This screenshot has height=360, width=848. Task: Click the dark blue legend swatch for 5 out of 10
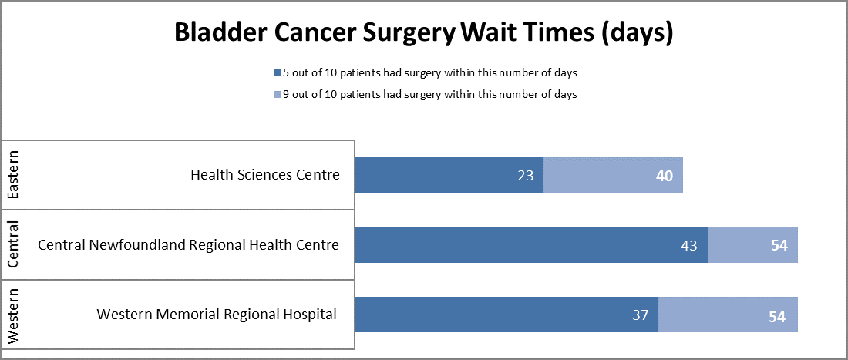tap(277, 73)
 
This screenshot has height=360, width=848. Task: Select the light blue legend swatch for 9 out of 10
tap(277, 94)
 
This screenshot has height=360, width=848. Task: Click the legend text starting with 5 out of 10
tap(430, 73)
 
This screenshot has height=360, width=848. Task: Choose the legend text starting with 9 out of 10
tap(430, 94)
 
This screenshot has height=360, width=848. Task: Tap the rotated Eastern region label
tap(14, 175)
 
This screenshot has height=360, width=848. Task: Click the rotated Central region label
tap(14, 244)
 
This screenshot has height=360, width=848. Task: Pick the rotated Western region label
tap(14, 315)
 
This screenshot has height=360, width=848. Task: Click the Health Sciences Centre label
tap(264, 175)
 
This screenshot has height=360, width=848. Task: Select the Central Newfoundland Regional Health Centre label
tap(188, 245)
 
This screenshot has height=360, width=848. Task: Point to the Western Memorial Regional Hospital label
tap(216, 315)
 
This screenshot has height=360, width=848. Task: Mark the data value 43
tap(689, 245)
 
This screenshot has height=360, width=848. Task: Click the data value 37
tap(640, 315)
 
